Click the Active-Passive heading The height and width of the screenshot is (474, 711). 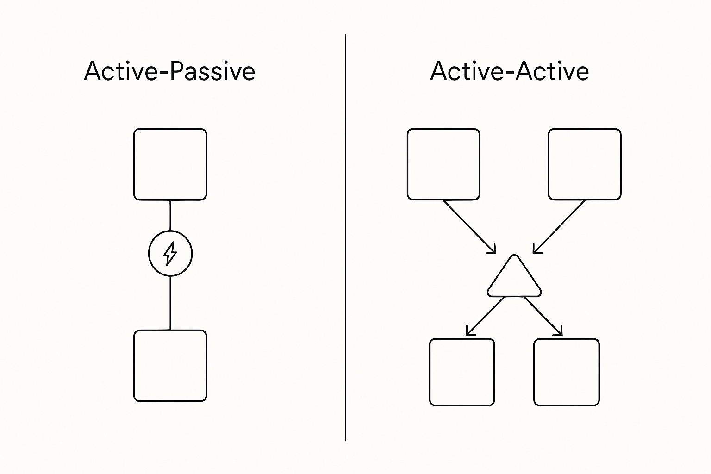(x=169, y=72)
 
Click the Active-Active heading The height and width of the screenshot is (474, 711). (x=509, y=72)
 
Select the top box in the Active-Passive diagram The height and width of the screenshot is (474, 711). (x=170, y=164)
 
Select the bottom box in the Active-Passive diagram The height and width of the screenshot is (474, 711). (x=170, y=366)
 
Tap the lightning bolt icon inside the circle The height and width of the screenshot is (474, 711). (x=170, y=254)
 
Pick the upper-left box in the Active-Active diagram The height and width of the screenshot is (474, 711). (x=443, y=164)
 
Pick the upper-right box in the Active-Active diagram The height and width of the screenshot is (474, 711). (x=584, y=164)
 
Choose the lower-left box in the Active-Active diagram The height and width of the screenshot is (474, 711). (x=462, y=372)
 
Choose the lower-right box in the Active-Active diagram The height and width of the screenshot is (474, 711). (x=566, y=372)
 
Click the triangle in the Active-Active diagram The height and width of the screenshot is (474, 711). (x=514, y=280)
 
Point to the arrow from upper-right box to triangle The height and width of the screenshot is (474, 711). (x=559, y=226)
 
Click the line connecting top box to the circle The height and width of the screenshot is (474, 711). (x=170, y=215)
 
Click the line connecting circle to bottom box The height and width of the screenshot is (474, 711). (x=170, y=303)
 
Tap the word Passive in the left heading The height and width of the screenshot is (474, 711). (x=212, y=72)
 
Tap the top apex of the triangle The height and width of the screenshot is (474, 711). (x=514, y=256)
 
